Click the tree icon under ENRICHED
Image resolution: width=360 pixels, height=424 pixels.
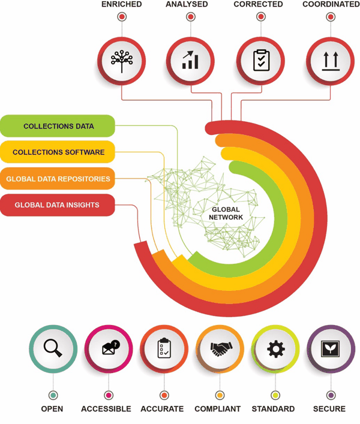click(x=122, y=61)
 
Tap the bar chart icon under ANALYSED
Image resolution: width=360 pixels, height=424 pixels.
click(x=190, y=60)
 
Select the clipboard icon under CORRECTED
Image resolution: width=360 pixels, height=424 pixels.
click(x=261, y=61)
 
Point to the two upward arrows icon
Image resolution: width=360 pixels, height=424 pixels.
click(x=330, y=61)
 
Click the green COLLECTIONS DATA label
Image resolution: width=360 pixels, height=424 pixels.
click(x=58, y=126)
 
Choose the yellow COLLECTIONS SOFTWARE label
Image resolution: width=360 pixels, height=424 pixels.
click(x=58, y=152)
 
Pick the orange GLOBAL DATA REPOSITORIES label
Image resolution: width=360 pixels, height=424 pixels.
click(x=58, y=179)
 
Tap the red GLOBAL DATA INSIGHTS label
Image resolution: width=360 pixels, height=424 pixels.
click(x=58, y=205)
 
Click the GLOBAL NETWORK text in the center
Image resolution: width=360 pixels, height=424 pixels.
click(x=226, y=213)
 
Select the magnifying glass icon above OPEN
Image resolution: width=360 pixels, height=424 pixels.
click(x=53, y=348)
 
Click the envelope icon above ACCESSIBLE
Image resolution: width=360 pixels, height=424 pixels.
click(x=111, y=347)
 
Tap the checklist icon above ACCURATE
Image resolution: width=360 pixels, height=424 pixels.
click(x=164, y=348)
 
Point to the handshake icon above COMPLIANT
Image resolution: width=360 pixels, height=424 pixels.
click(x=221, y=349)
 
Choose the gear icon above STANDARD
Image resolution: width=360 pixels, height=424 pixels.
click(x=276, y=349)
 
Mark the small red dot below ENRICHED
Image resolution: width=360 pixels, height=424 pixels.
click(x=122, y=17)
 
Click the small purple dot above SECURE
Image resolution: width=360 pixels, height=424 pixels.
click(x=330, y=395)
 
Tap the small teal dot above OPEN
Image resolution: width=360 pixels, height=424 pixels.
click(x=53, y=395)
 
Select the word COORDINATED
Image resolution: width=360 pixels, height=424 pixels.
click(x=331, y=4)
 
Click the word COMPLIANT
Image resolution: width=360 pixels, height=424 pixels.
click(x=218, y=408)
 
